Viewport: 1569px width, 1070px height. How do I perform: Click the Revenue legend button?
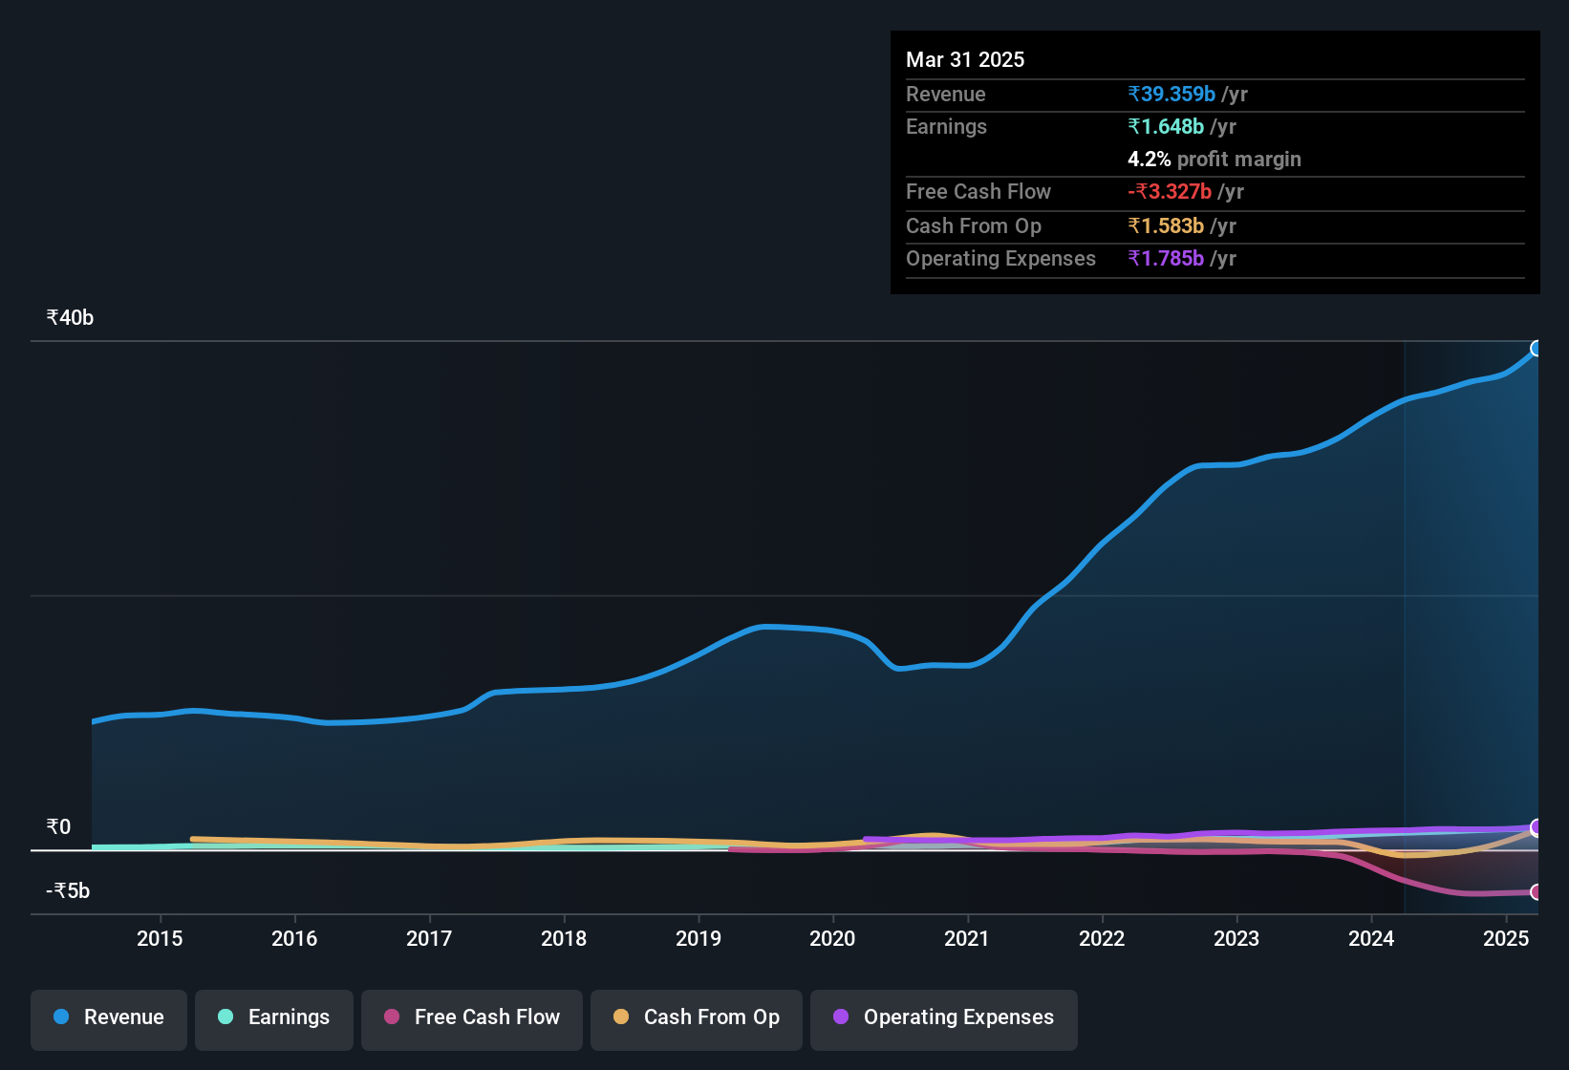point(109,1017)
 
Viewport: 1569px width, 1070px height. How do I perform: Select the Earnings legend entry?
point(274,1017)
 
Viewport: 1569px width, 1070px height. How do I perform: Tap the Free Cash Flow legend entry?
point(472,1017)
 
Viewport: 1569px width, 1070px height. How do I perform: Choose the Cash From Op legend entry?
point(697,1017)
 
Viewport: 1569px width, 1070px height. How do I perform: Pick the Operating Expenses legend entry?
point(944,1017)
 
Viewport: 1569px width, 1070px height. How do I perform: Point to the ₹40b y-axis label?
point(70,318)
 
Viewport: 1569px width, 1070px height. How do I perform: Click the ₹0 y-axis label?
point(58,827)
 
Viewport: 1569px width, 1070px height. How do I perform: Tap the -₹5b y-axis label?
point(68,891)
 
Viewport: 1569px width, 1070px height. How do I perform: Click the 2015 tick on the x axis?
point(160,939)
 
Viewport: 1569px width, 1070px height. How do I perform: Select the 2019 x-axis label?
point(699,939)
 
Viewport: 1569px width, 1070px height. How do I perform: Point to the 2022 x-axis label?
point(1102,939)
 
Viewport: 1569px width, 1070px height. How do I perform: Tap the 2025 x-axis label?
point(1506,939)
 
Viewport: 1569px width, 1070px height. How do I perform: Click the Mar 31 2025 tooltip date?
point(965,60)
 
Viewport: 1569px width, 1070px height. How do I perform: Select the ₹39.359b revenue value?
point(1171,95)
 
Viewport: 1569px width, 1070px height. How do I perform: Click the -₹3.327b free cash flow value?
point(1170,192)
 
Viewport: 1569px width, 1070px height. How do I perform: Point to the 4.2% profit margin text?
point(1214,160)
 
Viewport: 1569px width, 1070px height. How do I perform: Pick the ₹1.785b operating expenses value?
point(1166,259)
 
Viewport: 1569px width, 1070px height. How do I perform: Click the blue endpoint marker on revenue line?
point(1537,349)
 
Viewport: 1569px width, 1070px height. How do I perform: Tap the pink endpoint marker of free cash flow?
point(1537,892)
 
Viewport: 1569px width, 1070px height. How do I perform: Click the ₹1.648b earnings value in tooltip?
point(1166,127)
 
